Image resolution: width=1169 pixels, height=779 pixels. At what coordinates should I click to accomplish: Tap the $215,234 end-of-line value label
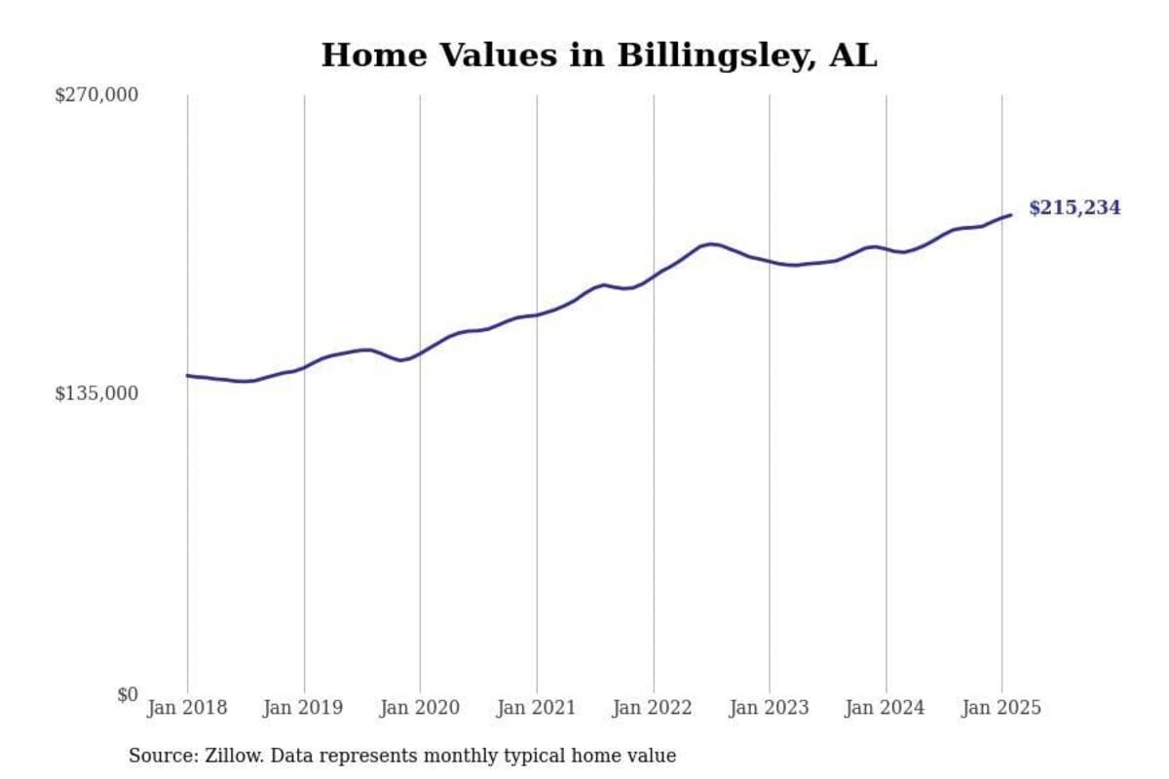[1075, 207]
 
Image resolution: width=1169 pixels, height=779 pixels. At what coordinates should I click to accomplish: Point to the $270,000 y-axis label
[95, 94]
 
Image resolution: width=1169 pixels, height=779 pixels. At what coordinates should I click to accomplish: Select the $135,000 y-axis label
[95, 393]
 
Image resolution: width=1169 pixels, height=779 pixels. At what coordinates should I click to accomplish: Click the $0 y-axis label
[128, 694]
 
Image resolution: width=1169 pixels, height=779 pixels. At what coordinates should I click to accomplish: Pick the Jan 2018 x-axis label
[187, 708]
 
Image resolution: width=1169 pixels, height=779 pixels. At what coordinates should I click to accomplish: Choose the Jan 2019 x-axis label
[303, 708]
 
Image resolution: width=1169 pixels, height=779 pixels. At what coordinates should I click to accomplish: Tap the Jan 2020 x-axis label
[420, 708]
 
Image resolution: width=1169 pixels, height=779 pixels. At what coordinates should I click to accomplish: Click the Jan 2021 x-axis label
[536, 708]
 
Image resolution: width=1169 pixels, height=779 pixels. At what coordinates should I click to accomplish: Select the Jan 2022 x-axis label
[653, 708]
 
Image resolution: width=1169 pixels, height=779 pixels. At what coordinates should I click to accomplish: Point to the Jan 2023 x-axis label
[769, 708]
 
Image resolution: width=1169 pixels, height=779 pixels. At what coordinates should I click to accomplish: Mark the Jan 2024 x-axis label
[886, 708]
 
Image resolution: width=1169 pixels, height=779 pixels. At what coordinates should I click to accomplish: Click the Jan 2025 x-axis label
[1001, 708]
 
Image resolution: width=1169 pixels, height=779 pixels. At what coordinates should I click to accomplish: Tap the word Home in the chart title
[363, 56]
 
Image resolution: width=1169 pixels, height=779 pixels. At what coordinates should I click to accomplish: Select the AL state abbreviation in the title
[853, 56]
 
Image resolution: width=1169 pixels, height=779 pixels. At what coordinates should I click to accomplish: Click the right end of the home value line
[1011, 215]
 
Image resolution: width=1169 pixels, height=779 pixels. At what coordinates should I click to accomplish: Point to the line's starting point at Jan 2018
[187, 375]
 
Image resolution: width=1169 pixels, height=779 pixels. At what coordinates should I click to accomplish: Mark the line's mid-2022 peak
[711, 243]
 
